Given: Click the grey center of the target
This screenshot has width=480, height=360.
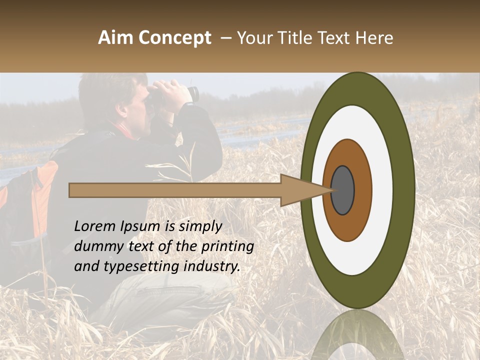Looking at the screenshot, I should point(342,190).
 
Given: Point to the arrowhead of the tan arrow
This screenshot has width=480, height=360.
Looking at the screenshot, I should point(300,190).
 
